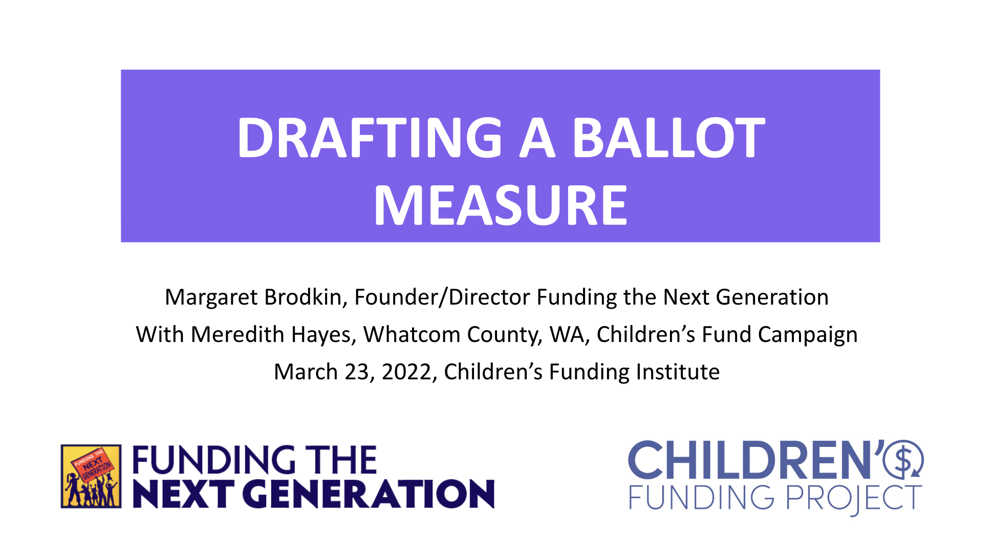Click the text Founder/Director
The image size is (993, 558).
pyautogui.click(x=442, y=297)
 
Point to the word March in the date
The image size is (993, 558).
pyautogui.click(x=306, y=372)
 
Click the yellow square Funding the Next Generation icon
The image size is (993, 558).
pyautogui.click(x=91, y=476)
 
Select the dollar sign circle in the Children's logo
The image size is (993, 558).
pyautogui.click(x=903, y=459)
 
